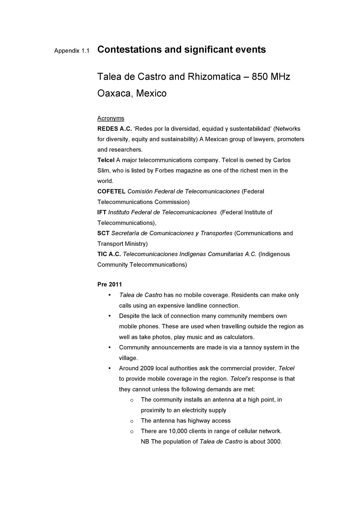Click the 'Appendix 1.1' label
(x=72, y=50)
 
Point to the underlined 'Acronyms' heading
(x=111, y=119)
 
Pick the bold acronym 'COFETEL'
(x=111, y=192)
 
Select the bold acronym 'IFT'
(x=102, y=213)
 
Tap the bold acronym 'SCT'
(x=103, y=233)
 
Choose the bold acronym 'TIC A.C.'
(x=109, y=254)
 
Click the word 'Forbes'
(x=164, y=171)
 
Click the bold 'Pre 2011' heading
(x=109, y=285)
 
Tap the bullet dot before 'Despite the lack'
(x=109, y=316)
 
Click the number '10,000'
(x=177, y=431)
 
